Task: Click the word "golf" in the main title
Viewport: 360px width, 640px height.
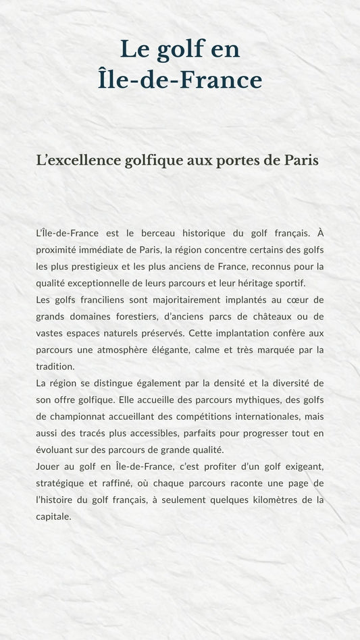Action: click(x=179, y=49)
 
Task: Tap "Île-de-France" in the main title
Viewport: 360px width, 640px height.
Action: click(x=180, y=80)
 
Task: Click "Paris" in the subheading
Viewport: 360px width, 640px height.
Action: click(x=301, y=160)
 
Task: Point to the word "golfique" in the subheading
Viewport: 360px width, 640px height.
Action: click(x=151, y=160)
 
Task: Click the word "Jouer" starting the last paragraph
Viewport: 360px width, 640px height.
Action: click(x=49, y=466)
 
